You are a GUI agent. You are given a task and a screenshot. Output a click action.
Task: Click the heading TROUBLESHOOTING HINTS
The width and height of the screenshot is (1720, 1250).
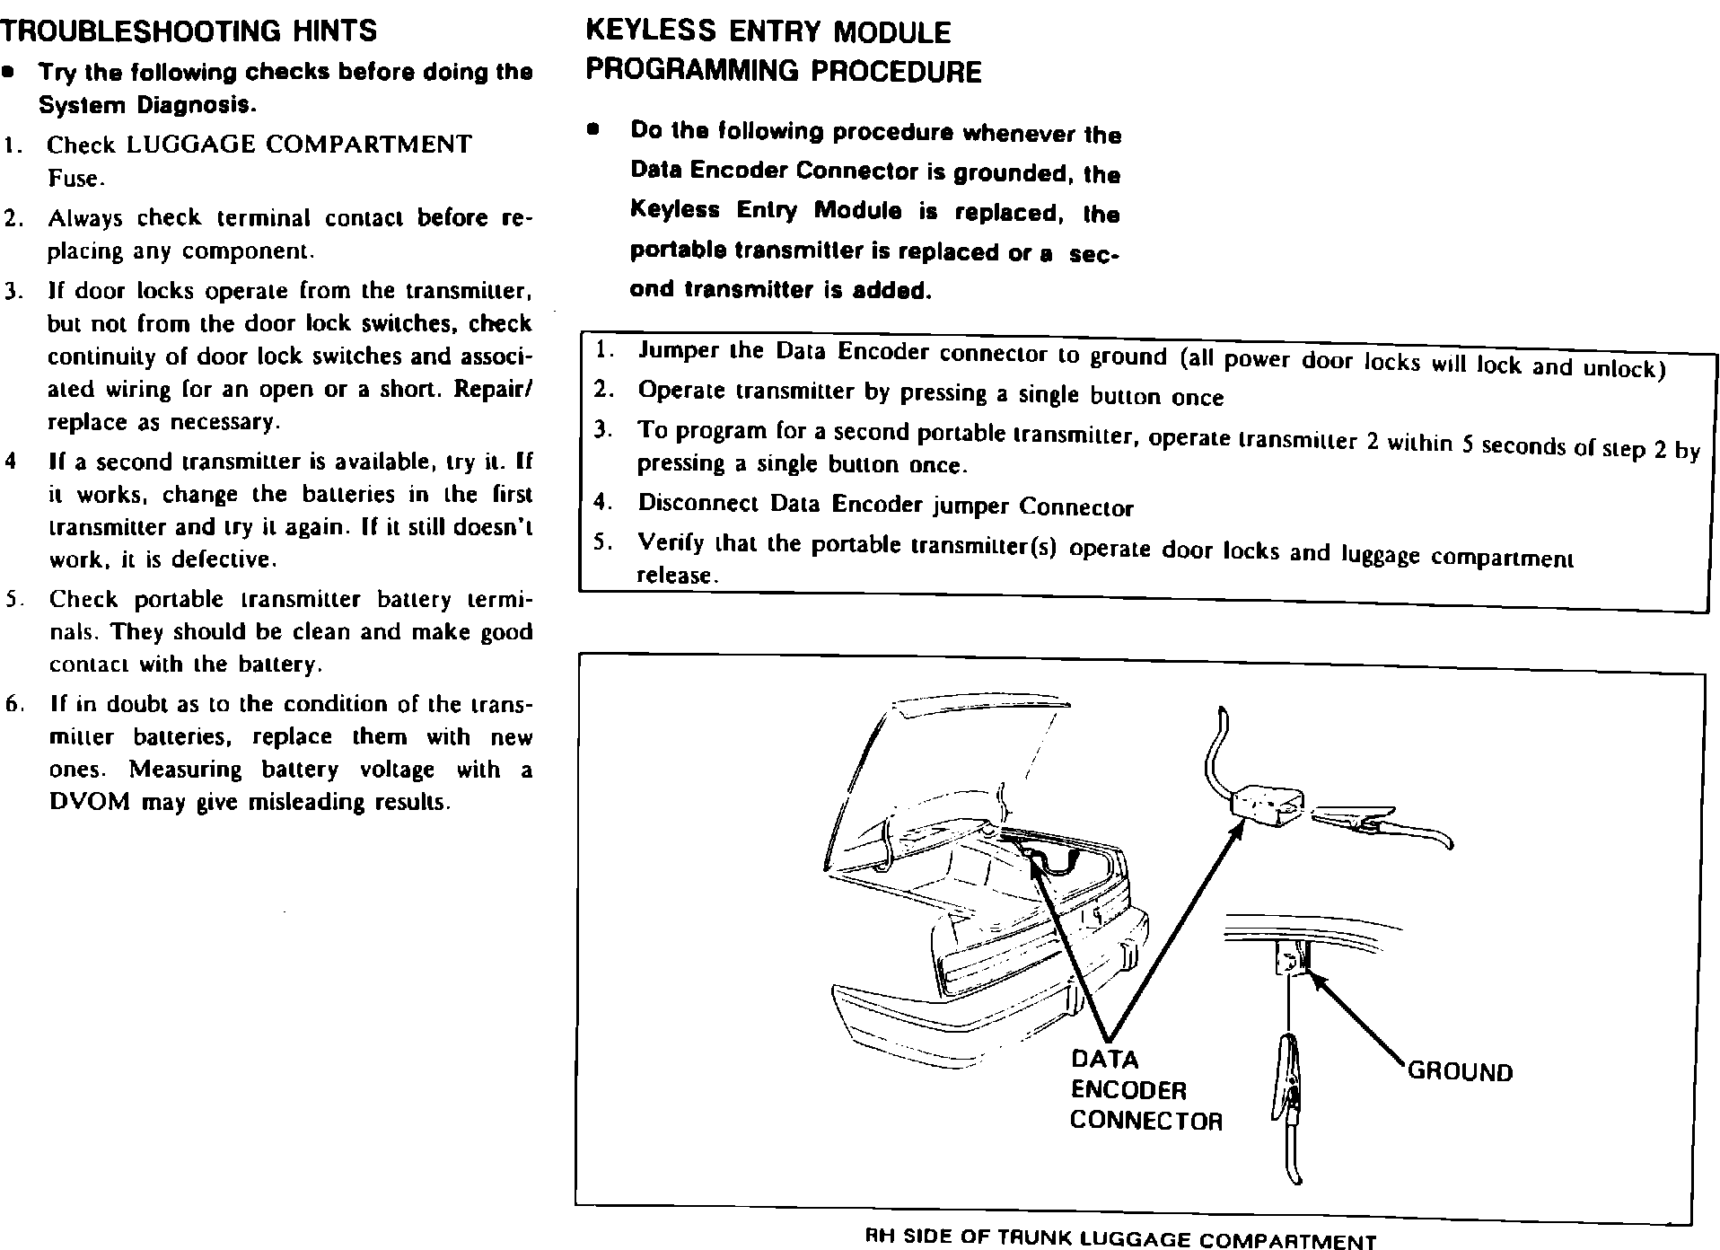189,31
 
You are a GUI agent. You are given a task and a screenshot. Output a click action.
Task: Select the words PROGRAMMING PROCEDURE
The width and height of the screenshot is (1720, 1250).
784,71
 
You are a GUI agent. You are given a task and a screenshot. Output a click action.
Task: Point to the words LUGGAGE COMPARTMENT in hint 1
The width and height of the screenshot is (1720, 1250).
299,145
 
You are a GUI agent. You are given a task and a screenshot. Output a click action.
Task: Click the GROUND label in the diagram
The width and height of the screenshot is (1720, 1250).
1460,1071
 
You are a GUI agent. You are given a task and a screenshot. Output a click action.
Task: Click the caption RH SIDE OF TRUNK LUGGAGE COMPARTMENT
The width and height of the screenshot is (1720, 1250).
1119,1238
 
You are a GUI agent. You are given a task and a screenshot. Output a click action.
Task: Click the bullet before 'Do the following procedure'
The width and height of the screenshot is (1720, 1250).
592,129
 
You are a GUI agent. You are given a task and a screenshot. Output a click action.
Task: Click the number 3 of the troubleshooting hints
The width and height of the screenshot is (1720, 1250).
11,292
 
